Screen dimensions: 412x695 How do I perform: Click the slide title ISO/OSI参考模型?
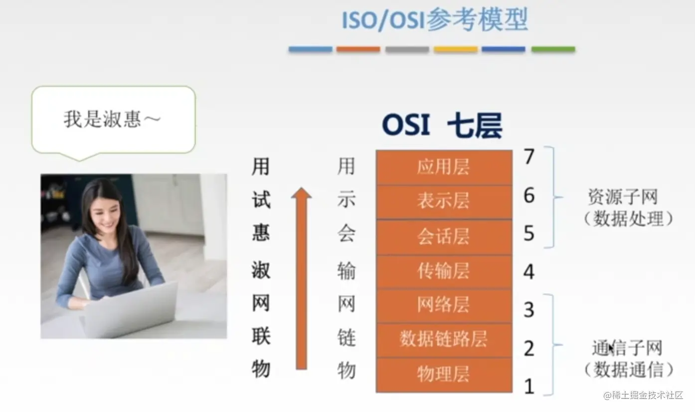coord(434,20)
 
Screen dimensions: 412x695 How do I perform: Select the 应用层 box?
coord(444,167)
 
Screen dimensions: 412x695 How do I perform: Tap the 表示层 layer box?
coord(444,202)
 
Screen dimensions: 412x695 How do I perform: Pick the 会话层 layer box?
coord(444,237)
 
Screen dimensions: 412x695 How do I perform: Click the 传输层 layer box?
coord(444,272)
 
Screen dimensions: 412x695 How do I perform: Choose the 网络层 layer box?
coord(444,306)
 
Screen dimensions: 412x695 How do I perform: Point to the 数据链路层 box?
coord(444,340)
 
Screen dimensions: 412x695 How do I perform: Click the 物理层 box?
coord(444,375)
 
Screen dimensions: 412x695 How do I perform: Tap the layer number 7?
coord(529,157)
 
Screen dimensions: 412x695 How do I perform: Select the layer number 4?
coord(529,273)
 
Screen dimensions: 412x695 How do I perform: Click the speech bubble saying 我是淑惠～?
coord(113,120)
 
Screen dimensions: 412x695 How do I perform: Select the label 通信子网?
coord(627,348)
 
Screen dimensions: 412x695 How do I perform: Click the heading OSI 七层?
coord(442,125)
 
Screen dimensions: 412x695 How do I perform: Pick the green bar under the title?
coord(553,49)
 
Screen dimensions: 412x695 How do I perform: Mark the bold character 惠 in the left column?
coord(261,233)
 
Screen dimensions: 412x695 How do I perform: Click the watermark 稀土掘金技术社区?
coord(647,396)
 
